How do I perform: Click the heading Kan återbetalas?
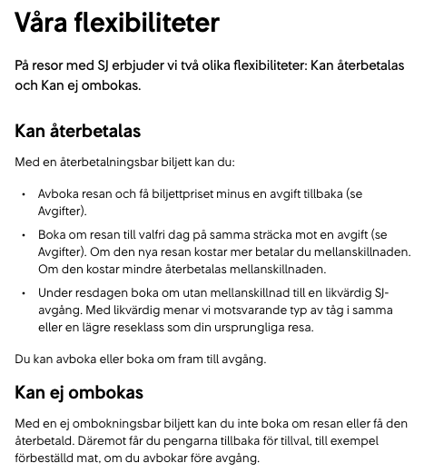click(x=78, y=131)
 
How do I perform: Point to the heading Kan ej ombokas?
click(x=79, y=393)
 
